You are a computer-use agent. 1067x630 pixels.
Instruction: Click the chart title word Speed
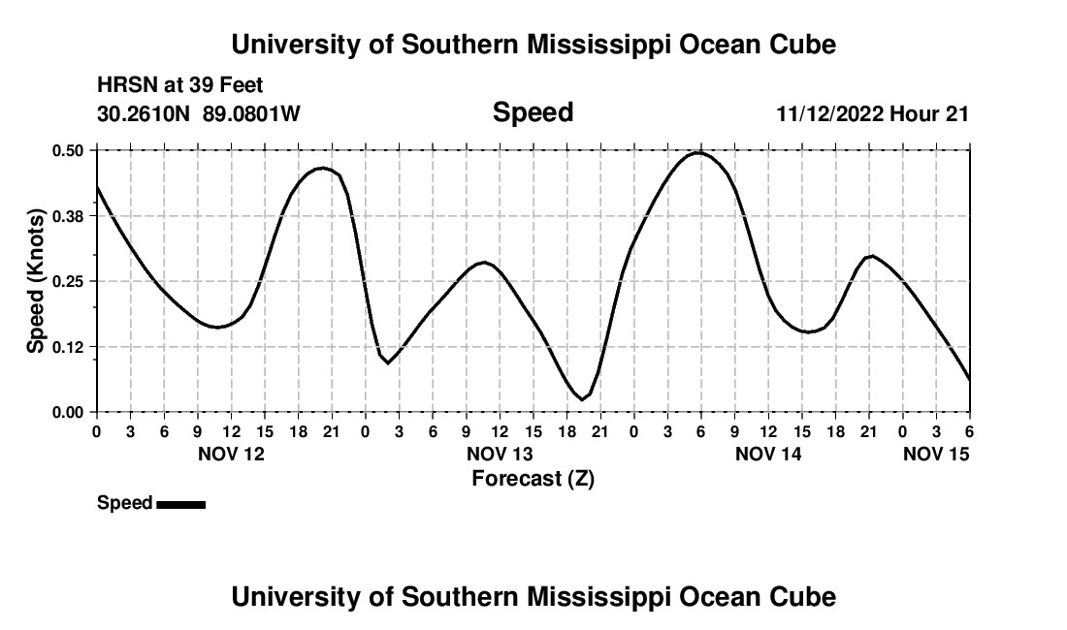[533, 112]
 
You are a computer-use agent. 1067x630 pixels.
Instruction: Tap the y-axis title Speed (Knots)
[35, 281]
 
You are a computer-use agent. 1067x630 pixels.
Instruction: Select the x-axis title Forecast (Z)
[533, 478]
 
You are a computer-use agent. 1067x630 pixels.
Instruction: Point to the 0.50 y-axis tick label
[68, 150]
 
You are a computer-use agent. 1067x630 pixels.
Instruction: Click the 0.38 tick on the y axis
[68, 216]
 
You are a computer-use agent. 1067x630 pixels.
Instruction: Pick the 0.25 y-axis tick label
[68, 281]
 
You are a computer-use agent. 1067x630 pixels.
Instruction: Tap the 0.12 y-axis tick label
[68, 347]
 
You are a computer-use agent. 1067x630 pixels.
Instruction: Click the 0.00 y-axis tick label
[68, 412]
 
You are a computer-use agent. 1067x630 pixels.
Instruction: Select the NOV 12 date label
[231, 454]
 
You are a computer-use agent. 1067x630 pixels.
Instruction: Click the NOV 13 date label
[500, 454]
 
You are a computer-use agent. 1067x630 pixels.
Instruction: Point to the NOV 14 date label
[768, 454]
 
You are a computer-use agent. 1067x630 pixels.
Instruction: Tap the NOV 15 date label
[936, 454]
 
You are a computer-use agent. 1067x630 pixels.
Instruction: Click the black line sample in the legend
[180, 504]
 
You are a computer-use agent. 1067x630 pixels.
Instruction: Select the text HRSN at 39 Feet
[179, 86]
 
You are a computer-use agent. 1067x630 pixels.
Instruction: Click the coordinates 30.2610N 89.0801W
[199, 113]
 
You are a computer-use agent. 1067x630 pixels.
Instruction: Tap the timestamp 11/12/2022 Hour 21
[872, 113]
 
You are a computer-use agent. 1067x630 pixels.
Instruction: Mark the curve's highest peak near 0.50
[698, 152]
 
